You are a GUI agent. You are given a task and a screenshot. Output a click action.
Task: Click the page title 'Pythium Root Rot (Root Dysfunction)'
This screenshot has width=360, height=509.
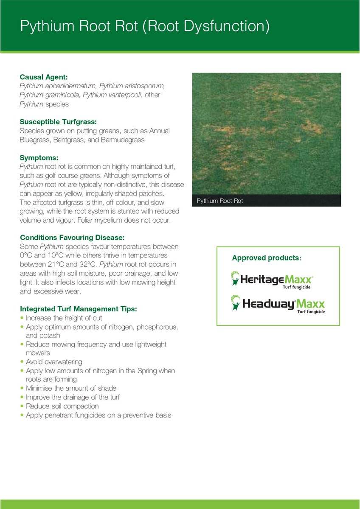coord(145,26)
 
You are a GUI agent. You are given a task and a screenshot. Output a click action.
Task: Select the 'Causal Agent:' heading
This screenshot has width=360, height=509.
coord(44,77)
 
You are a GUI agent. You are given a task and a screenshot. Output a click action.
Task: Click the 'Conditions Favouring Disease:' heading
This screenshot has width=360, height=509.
coord(72,238)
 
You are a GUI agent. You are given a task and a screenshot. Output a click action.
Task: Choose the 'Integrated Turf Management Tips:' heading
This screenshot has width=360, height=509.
coord(79,309)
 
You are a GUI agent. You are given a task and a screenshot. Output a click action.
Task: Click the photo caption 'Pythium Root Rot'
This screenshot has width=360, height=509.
coord(220,201)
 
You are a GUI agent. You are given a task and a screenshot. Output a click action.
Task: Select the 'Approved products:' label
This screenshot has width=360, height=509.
coord(267,258)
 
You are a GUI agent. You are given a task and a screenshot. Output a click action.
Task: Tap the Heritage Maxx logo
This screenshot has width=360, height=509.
coord(272,280)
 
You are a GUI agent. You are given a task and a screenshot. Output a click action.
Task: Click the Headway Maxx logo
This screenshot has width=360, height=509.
coord(278,304)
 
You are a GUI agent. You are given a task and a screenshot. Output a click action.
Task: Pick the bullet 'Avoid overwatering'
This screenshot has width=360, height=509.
coord(54,362)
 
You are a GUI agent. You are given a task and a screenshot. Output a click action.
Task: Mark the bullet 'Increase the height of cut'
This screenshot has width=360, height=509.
coord(64,318)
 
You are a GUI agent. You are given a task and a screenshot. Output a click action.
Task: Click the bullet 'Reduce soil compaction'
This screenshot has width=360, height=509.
coord(62,406)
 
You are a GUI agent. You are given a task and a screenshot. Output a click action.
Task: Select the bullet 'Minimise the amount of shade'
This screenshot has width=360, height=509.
coord(71,388)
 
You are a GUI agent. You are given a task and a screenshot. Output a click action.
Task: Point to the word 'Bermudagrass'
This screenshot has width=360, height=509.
coord(124,140)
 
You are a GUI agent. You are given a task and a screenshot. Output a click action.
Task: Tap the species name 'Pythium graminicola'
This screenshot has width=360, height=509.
coord(49,95)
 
